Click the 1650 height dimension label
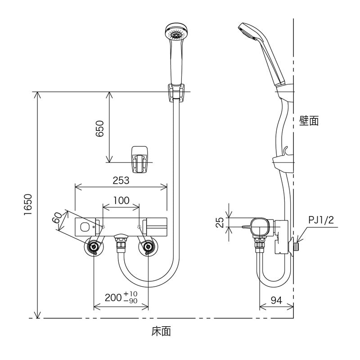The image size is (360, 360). (x=28, y=206)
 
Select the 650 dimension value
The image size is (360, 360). (x=100, y=129)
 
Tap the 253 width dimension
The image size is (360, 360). (x=121, y=180)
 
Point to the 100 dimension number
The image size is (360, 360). (x=121, y=201)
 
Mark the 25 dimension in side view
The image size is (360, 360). (x=220, y=222)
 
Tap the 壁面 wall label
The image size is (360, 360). (x=309, y=121)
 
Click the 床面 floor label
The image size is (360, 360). (x=161, y=332)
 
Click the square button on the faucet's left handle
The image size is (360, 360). (x=84, y=226)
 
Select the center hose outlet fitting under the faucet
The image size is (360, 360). (x=121, y=243)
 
